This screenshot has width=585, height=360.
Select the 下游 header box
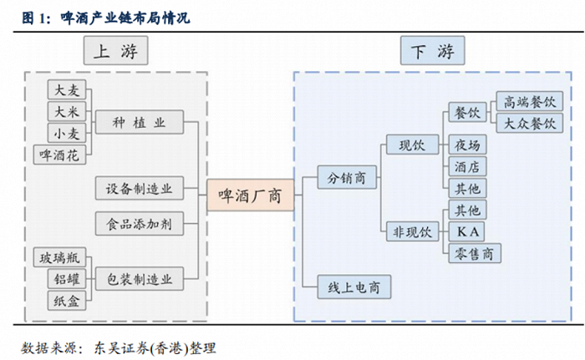(x=432, y=53)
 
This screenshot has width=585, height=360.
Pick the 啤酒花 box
(x=62, y=155)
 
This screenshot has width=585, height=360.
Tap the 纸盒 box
(x=67, y=301)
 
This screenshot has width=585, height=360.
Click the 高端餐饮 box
(x=528, y=102)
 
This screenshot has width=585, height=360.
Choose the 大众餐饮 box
(x=528, y=124)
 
